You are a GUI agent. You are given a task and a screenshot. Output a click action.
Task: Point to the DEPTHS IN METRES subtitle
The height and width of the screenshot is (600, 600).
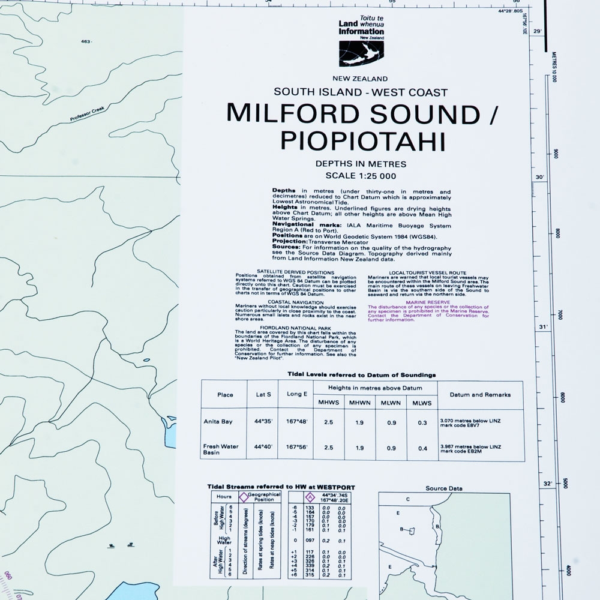tap(361, 164)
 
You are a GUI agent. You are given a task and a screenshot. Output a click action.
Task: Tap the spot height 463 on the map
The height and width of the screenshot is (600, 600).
tap(86, 41)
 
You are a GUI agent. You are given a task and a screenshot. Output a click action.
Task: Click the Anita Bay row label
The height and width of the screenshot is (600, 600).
tap(217, 421)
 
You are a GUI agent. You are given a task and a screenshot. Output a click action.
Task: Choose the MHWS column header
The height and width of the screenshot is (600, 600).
tap(327, 402)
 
